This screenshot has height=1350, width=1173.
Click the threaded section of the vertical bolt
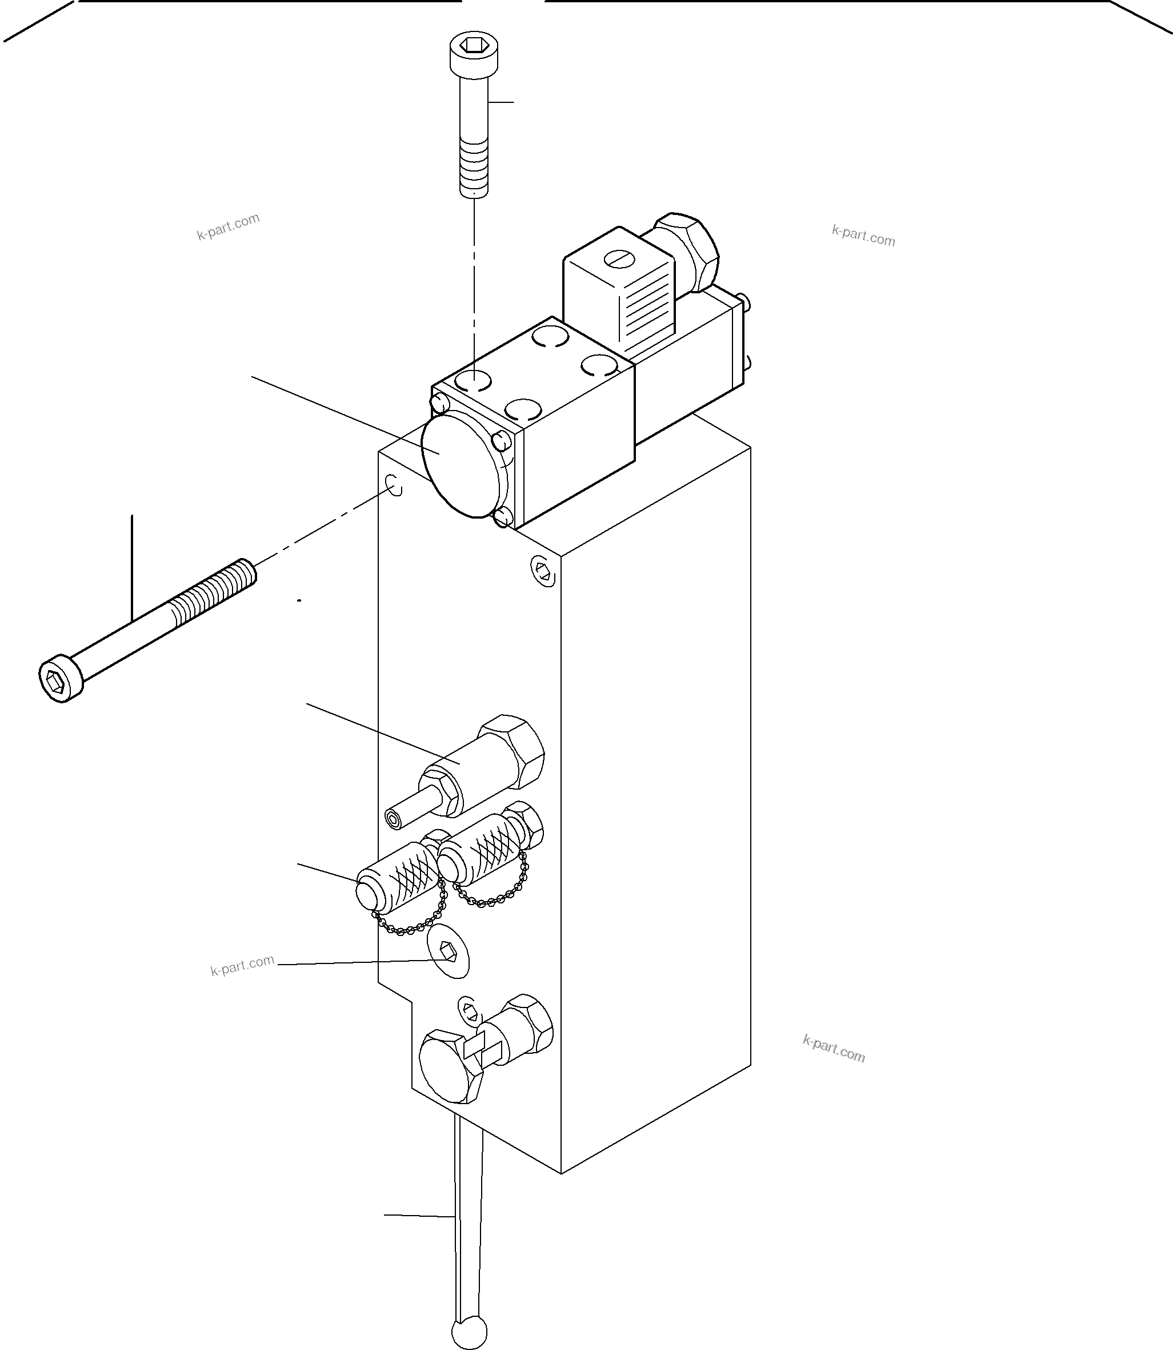tap(474, 167)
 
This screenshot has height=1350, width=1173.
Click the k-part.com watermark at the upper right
tap(863, 235)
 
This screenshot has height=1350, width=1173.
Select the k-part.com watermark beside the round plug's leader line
tap(242, 966)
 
